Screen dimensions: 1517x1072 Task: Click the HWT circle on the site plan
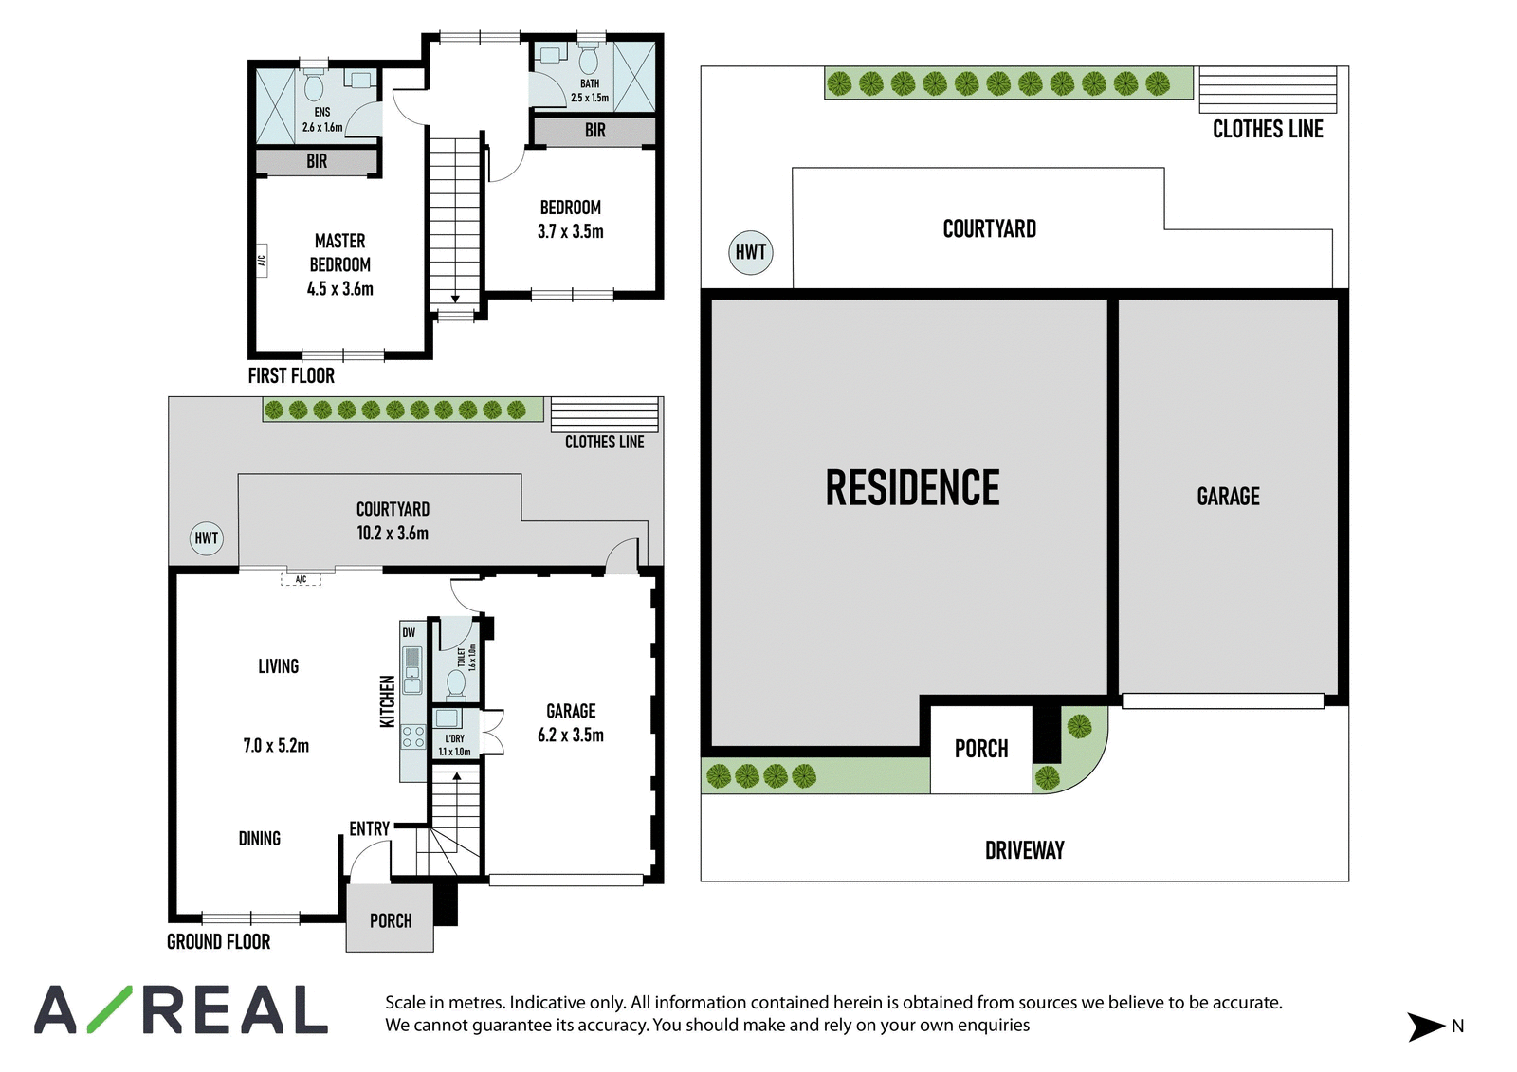click(x=750, y=252)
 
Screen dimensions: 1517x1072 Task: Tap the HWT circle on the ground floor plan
click(x=206, y=537)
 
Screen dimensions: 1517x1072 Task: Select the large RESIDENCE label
click(x=912, y=487)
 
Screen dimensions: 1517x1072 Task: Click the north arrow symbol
click(x=1426, y=1027)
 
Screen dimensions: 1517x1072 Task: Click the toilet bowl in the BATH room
click(x=589, y=60)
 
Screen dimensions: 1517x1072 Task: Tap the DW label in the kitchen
click(x=409, y=633)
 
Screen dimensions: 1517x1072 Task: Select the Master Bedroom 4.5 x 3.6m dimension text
click(x=340, y=288)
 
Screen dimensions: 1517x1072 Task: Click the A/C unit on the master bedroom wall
click(x=262, y=260)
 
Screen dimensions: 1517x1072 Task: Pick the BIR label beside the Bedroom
click(x=595, y=130)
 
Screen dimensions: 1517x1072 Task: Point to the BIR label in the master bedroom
click(x=317, y=161)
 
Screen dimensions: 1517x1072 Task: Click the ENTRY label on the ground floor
click(x=369, y=829)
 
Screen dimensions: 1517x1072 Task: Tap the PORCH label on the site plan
click(x=981, y=749)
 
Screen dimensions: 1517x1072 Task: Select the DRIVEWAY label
click(x=1025, y=850)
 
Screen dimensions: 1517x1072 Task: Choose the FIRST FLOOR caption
click(x=291, y=376)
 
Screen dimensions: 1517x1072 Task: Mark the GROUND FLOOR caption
click(x=219, y=941)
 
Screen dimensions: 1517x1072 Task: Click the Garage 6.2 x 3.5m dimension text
click(x=571, y=735)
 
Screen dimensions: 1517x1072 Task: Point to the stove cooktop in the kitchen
click(x=413, y=736)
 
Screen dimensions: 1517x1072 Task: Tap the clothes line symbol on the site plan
click(x=1268, y=89)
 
